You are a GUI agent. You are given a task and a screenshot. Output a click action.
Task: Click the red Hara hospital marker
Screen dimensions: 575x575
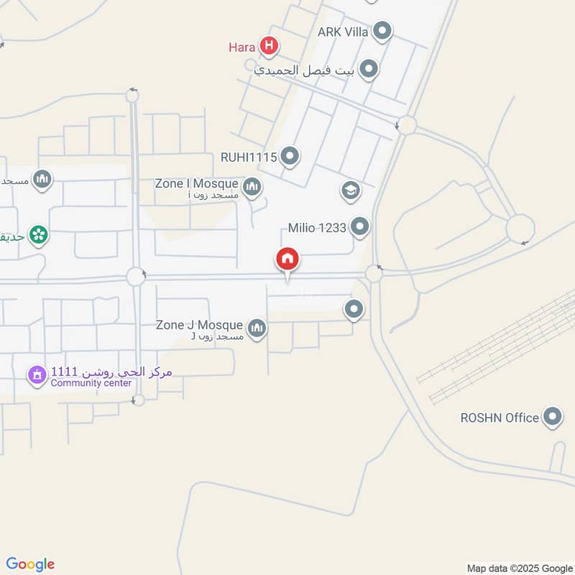click(x=270, y=47)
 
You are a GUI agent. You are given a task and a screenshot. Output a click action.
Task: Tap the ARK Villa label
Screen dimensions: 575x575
click(x=344, y=32)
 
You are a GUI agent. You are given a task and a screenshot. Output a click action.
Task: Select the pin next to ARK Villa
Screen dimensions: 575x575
click(x=383, y=32)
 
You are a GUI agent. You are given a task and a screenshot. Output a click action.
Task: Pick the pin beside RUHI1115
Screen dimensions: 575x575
click(x=290, y=155)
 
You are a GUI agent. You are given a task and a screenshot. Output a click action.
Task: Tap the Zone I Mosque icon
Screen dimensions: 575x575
click(x=252, y=188)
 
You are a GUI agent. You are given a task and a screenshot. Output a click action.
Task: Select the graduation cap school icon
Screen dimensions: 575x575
click(x=350, y=190)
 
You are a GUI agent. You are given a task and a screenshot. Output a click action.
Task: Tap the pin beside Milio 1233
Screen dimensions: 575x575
click(x=360, y=229)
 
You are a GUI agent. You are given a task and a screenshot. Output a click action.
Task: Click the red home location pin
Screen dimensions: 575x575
click(x=287, y=259)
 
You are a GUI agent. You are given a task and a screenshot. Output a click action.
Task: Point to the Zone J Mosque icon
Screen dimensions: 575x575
click(x=257, y=328)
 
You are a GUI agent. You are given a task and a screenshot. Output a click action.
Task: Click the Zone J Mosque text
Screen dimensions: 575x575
click(x=199, y=326)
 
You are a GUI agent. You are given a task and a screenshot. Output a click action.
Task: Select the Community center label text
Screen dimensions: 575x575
click(x=91, y=383)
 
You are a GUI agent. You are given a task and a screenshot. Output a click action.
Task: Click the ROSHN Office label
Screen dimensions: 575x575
click(x=500, y=418)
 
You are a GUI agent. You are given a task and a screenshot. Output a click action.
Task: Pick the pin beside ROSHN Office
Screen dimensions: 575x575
click(x=552, y=417)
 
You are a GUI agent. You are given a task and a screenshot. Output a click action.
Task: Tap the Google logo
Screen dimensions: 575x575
click(x=30, y=564)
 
